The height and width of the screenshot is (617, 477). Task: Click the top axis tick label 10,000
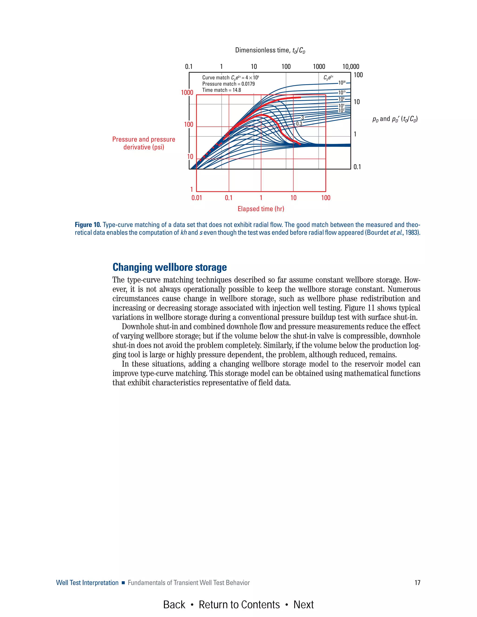(351, 67)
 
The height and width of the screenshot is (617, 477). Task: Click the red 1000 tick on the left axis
(187, 93)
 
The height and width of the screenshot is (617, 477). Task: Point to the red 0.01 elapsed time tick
(197, 198)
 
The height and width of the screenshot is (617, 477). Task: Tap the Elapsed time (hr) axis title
(261, 209)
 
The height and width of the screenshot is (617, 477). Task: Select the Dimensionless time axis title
(270, 50)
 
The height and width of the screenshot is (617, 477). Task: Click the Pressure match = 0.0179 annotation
(228, 84)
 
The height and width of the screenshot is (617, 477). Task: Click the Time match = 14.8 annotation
(221, 90)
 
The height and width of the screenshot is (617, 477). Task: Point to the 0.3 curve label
(299, 124)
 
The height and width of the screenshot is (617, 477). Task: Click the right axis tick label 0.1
(357, 167)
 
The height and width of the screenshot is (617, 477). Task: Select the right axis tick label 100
(358, 75)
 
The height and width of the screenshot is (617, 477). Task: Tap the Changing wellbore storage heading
(170, 267)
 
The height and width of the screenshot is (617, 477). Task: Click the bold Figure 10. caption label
(88, 225)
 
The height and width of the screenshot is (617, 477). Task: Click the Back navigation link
(174, 605)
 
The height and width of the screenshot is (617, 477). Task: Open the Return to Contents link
(239, 605)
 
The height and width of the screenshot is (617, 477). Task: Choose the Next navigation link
(303, 605)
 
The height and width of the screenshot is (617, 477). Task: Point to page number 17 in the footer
(417, 583)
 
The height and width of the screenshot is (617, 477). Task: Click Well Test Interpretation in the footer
(87, 583)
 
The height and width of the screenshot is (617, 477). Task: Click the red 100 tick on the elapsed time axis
(326, 198)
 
